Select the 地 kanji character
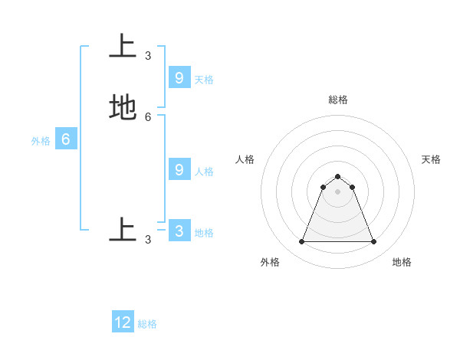pyautogui.click(x=123, y=107)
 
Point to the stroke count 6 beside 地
pyautogui.click(x=148, y=116)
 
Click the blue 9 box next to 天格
pyautogui.click(x=179, y=77)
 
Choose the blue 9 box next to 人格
pyautogui.click(x=179, y=169)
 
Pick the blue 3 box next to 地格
pyautogui.click(x=179, y=231)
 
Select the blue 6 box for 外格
pyautogui.click(x=66, y=139)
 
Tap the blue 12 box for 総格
pyautogui.click(x=123, y=322)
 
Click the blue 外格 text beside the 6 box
pyautogui.click(x=41, y=141)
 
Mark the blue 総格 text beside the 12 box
pyautogui.click(x=147, y=324)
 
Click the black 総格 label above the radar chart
pyautogui.click(x=337, y=100)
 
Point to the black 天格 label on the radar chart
pyautogui.click(x=431, y=159)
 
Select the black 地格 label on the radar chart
pyautogui.click(x=402, y=262)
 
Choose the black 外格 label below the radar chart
pyautogui.click(x=270, y=262)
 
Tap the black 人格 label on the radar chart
pyautogui.click(x=245, y=159)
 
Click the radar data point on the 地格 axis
pyautogui.click(x=373, y=242)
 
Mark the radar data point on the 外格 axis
pyautogui.click(x=301, y=242)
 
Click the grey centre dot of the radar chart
pyautogui.click(x=337, y=191)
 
